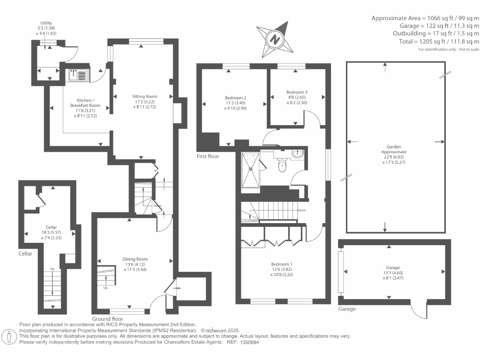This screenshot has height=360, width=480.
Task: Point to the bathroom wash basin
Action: click(297, 153)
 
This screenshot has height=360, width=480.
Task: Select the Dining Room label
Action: click(135, 259)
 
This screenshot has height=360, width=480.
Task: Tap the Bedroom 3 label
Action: click(297, 92)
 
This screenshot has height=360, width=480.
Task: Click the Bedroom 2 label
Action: click(235, 97)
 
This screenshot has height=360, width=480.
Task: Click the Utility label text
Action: click(46, 23)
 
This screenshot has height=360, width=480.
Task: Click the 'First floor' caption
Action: click(208, 157)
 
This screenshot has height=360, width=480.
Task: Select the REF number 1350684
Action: click(249, 342)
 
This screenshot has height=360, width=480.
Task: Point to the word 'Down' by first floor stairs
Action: click(301, 210)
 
